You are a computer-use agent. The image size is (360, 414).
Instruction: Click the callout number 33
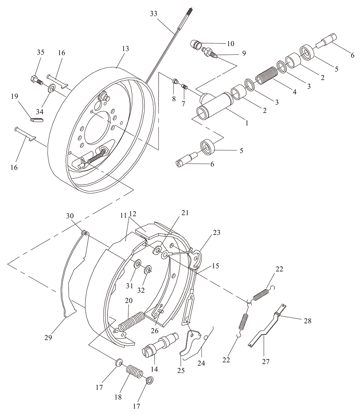click(154, 14)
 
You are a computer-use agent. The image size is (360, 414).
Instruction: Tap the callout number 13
click(126, 49)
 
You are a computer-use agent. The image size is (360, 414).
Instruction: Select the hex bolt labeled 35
click(37, 80)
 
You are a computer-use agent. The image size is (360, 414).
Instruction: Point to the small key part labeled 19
click(37, 120)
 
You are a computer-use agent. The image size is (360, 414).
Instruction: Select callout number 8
click(174, 99)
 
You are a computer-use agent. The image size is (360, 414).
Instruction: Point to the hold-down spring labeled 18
click(135, 370)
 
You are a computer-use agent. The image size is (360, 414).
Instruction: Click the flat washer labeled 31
click(138, 264)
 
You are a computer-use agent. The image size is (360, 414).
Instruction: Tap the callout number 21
click(185, 213)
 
